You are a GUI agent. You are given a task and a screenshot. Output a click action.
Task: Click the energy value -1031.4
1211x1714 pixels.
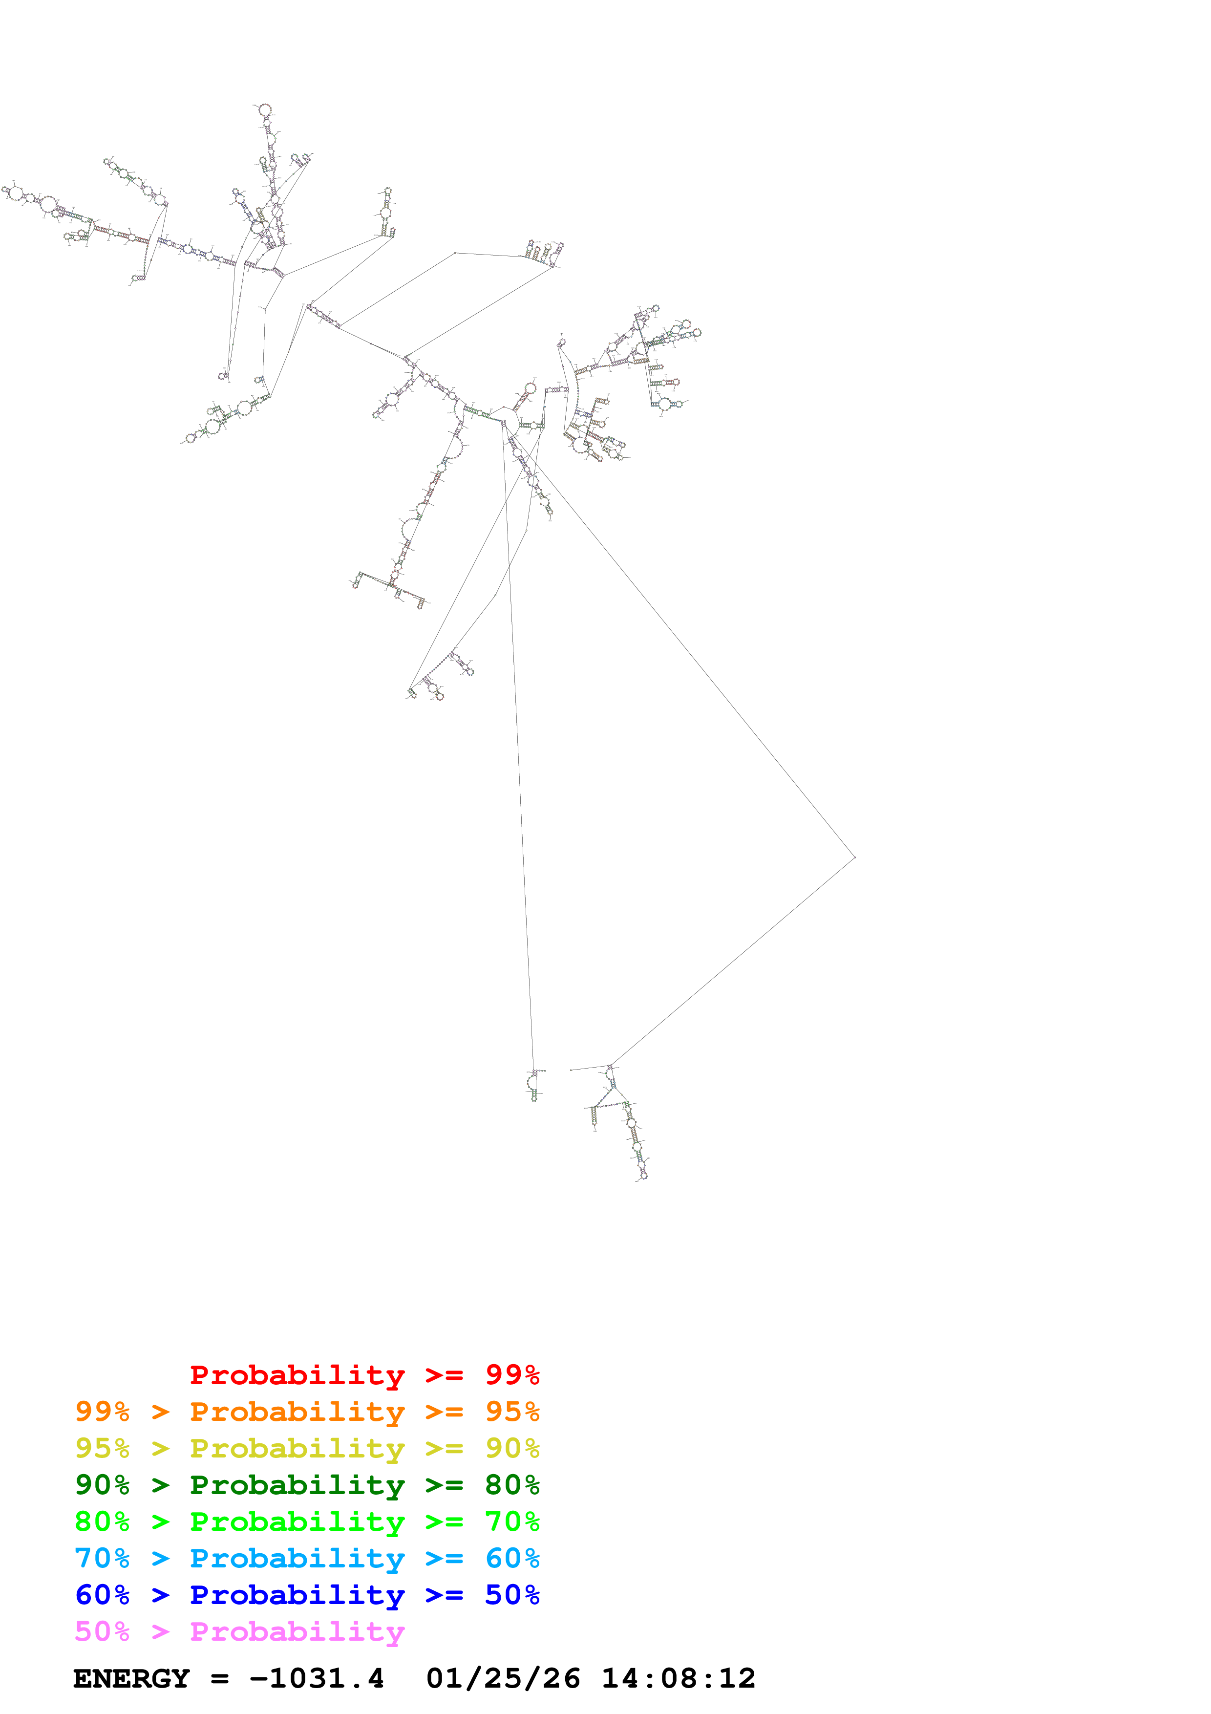(317, 1678)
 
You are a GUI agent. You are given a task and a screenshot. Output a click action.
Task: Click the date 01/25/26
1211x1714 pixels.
(503, 1678)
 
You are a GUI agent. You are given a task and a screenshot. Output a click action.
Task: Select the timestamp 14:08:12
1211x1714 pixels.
(678, 1678)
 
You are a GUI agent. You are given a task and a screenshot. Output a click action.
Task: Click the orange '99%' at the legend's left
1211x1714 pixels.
(102, 1412)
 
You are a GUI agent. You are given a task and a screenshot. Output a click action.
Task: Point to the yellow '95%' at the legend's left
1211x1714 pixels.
(102, 1448)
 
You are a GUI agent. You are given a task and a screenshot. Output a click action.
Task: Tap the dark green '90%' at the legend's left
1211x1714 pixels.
(102, 1485)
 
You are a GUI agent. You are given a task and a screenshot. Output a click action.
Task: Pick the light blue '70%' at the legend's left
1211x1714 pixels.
(102, 1558)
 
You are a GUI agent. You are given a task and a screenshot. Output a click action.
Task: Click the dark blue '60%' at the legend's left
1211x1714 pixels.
(102, 1595)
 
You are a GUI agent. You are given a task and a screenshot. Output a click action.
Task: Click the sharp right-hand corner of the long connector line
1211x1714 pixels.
(854, 858)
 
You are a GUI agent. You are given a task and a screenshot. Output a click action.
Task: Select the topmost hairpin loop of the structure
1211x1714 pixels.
(264, 110)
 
